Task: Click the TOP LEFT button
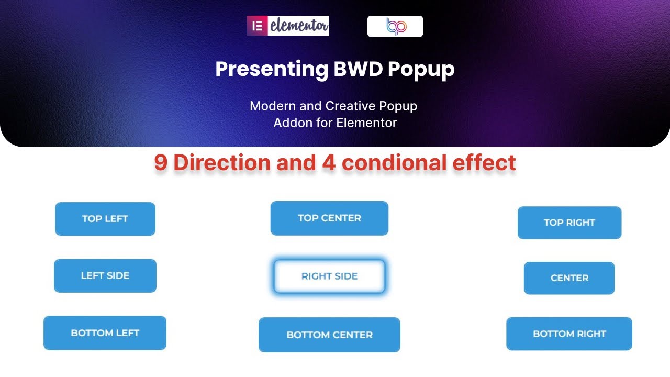105,219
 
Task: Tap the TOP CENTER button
329,218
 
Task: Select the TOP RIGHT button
569,223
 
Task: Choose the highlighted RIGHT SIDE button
329,276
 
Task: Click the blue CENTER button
569,278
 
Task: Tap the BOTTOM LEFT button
105,333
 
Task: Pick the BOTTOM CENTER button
329,335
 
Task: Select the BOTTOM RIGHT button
569,334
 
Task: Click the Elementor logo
288,26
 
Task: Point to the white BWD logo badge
395,26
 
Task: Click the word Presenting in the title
271,69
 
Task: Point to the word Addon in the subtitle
292,123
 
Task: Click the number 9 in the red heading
161,163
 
